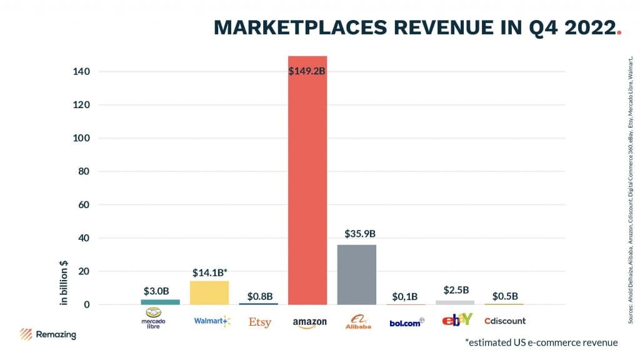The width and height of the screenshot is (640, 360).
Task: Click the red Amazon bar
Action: point(307,187)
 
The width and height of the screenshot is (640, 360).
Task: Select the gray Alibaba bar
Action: point(357,274)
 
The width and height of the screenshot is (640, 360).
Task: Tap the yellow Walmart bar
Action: point(209,292)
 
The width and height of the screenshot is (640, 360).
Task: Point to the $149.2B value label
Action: point(307,71)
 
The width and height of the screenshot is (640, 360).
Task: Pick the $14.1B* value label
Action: point(210,272)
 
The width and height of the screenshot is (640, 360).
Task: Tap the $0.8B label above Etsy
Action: point(259,296)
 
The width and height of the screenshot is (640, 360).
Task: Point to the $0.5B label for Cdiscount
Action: point(505,296)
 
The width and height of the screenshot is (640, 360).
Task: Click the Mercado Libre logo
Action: point(154,318)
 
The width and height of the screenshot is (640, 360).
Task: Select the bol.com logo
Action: point(407,322)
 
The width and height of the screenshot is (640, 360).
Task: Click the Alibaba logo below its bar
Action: point(358,321)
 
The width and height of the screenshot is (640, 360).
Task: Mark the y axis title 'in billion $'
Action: point(63,282)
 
